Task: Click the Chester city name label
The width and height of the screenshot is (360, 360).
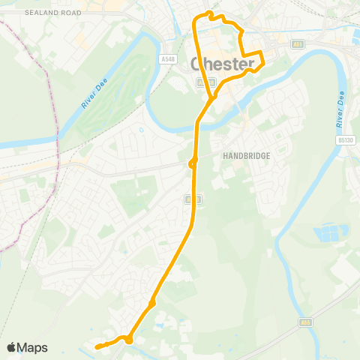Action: click(x=225, y=64)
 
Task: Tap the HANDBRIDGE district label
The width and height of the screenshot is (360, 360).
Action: click(x=245, y=156)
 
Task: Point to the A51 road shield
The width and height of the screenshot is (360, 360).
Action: click(x=298, y=45)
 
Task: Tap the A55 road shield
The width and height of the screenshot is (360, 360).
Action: click(x=304, y=322)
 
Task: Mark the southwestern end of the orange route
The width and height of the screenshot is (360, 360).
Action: click(x=97, y=346)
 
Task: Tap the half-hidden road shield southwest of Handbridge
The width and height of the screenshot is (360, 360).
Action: click(x=190, y=199)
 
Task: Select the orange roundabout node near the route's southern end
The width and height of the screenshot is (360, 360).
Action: click(x=129, y=340)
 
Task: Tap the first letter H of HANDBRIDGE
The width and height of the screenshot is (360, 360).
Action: click(x=225, y=156)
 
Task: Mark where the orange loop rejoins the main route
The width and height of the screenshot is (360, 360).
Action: click(x=213, y=96)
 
